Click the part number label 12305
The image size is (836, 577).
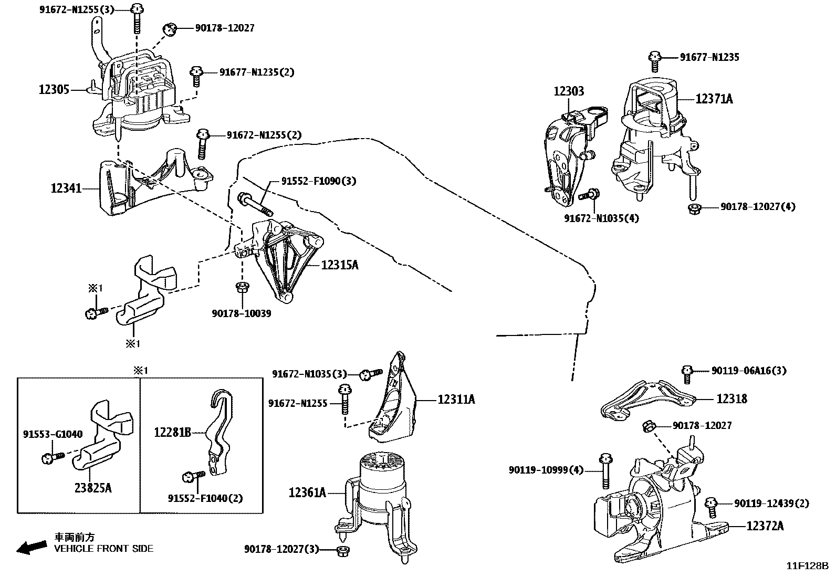54,90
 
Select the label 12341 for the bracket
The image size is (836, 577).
66,187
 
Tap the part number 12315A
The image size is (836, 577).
340,265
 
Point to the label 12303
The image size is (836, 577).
568,91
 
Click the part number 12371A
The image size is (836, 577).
714,98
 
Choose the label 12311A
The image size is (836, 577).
456,400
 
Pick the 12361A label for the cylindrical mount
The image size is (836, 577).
307,492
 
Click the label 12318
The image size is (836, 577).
731,399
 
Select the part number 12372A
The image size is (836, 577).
765,526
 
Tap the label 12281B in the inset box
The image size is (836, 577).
172,433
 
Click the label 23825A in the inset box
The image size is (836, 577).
93,488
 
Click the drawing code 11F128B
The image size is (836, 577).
807,566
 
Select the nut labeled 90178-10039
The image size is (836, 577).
242,287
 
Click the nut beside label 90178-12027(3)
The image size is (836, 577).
343,550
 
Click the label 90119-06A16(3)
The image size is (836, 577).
749,371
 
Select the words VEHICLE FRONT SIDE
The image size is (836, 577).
104,549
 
